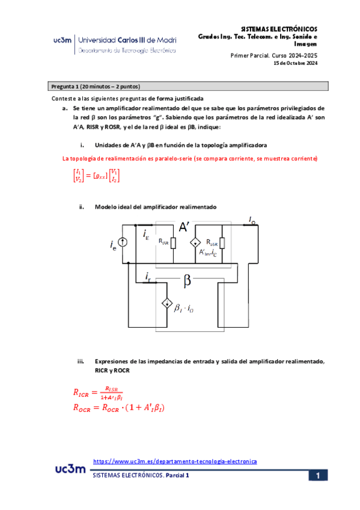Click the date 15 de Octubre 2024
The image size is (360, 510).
pos(295,63)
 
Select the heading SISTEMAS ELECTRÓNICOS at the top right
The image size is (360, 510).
pos(278,29)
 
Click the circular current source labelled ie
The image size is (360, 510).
pos(123,243)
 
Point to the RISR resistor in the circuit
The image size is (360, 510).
pos(173,242)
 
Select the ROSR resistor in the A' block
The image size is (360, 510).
pos(222,242)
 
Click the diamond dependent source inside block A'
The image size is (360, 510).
pos(195,243)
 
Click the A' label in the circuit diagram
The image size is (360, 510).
pos(185,227)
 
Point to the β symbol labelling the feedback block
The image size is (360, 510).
pos(187,280)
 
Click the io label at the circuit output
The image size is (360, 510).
pos(252,221)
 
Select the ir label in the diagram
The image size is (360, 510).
pos(148,276)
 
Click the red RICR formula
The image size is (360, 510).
pos(99,394)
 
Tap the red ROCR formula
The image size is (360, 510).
pos(119,408)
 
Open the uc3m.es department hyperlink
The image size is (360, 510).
pos(175,461)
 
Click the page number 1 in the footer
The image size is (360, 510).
pos(318,476)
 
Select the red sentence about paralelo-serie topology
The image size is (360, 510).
pos(191,159)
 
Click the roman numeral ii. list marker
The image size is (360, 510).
pos(82,207)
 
